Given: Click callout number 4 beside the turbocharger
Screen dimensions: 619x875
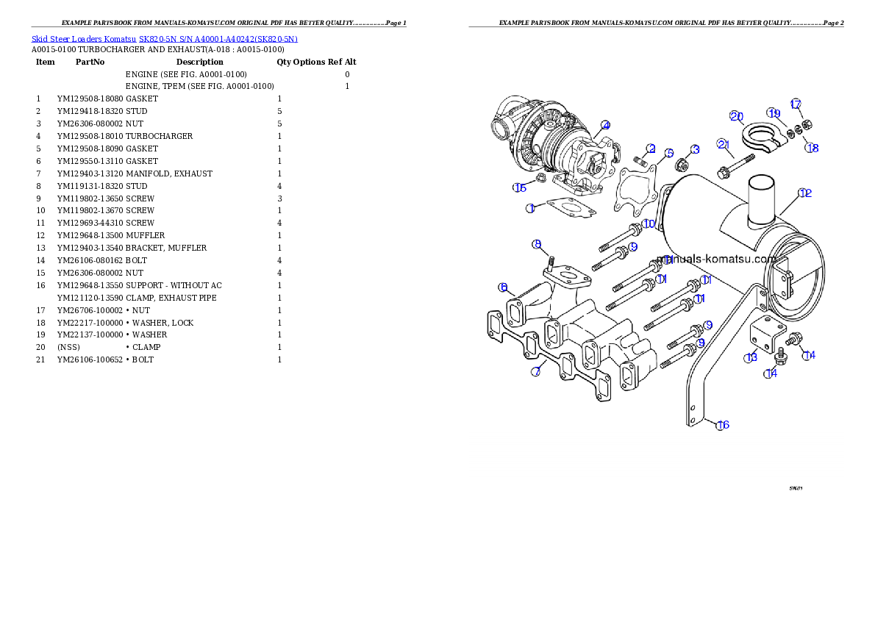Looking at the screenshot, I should pos(604,125).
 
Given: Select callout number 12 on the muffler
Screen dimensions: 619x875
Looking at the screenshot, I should pos(804,193).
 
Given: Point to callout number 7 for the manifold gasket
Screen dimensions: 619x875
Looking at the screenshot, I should pos(536,372).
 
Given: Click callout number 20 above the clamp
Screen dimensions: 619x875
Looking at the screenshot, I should pos(736,116).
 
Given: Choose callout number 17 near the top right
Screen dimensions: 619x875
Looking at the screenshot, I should pos(795,104).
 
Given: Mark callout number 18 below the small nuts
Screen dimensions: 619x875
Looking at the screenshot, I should pos(812,148).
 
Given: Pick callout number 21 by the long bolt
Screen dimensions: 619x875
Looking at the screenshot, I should pos(724,143).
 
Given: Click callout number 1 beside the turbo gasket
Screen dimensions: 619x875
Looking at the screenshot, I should pos(530,209).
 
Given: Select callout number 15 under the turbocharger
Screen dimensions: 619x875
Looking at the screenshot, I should pos(520,187).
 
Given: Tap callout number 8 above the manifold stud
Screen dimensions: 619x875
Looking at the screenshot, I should pos(537,243).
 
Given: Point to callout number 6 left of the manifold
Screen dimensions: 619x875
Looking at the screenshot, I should pos(504,287).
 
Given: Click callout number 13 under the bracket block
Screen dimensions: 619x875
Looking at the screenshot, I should pos(750,358).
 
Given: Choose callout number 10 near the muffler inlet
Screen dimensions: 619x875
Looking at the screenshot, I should pos(648,223).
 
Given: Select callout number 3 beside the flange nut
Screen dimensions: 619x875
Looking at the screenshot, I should pos(694,149).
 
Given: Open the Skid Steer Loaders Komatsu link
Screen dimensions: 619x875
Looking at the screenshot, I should pos(164,39).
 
